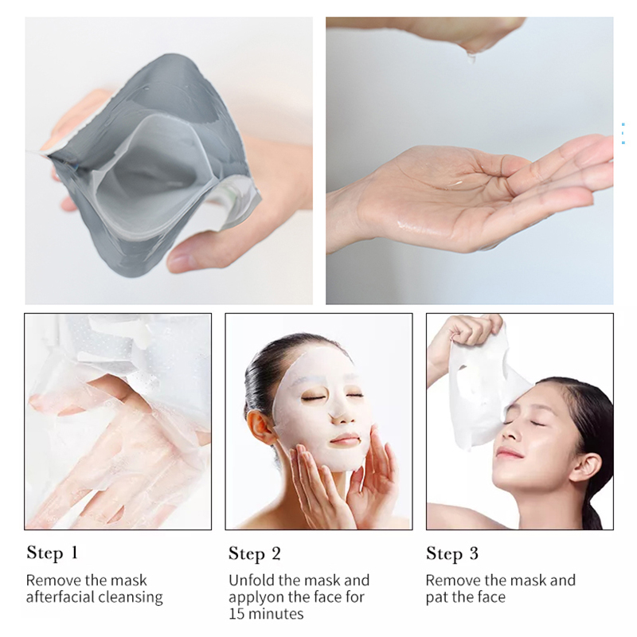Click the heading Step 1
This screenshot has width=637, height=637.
click(53, 553)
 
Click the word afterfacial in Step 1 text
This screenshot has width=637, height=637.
click(59, 596)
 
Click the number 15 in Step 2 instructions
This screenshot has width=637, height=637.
click(237, 613)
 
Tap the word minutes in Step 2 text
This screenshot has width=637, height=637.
click(277, 613)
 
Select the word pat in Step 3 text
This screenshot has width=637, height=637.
click(438, 596)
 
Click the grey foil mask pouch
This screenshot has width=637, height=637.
click(151, 159)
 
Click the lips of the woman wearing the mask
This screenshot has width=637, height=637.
click(344, 440)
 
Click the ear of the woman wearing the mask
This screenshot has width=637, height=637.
click(260, 427)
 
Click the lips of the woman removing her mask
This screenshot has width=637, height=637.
click(510, 451)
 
